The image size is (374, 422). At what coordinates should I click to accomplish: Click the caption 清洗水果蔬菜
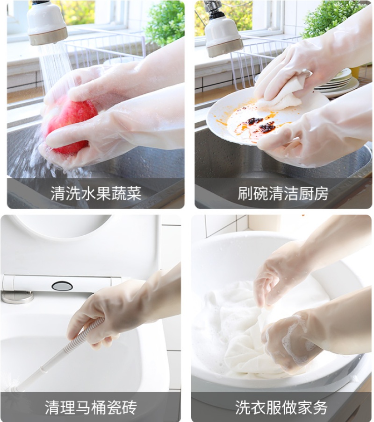[x=96, y=194]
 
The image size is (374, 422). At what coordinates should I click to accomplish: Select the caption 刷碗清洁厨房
[x=283, y=194]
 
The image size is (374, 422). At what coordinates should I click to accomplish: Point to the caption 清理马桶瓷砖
[x=91, y=407]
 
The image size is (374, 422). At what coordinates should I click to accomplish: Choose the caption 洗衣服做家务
[x=281, y=407]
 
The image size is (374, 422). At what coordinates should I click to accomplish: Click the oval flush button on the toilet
[x=62, y=286]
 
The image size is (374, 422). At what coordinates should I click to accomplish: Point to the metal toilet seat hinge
[x=17, y=297]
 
